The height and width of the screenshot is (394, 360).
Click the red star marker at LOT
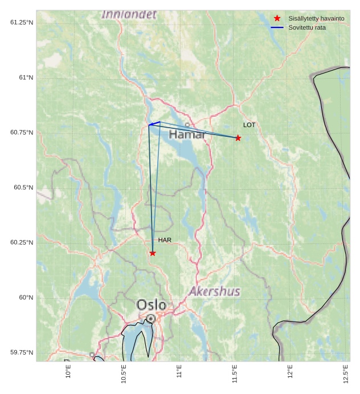point(238,138)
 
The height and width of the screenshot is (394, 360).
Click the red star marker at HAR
point(153,253)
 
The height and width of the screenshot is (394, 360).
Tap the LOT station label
point(249,125)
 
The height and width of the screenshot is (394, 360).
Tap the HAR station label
point(165,240)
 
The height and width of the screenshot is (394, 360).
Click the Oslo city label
point(152,305)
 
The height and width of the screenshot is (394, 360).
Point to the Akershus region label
point(215,292)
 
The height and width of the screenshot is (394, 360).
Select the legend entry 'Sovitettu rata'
point(307,27)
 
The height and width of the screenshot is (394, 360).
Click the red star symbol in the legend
point(277,18)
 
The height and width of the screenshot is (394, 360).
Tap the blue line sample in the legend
point(277,27)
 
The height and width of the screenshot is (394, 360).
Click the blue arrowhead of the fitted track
point(152,124)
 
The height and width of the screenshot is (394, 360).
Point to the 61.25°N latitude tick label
point(22,22)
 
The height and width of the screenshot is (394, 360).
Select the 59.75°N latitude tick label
point(22,352)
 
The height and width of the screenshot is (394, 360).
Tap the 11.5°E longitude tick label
point(235,374)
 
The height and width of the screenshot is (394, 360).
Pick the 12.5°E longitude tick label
point(346,374)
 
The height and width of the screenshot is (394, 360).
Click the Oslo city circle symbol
point(150,318)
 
